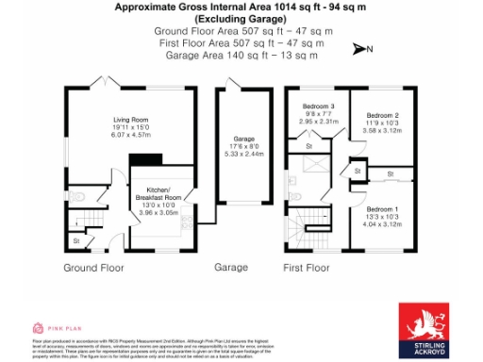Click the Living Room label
(x=132, y=121)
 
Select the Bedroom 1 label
(x=383, y=208)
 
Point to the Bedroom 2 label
(x=384, y=116)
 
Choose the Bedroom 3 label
(x=318, y=107)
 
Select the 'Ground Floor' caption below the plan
(x=93, y=268)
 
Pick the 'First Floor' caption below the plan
(x=308, y=268)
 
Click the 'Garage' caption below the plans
(x=231, y=268)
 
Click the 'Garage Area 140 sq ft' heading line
(x=242, y=56)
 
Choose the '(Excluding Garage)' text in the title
(x=242, y=18)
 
